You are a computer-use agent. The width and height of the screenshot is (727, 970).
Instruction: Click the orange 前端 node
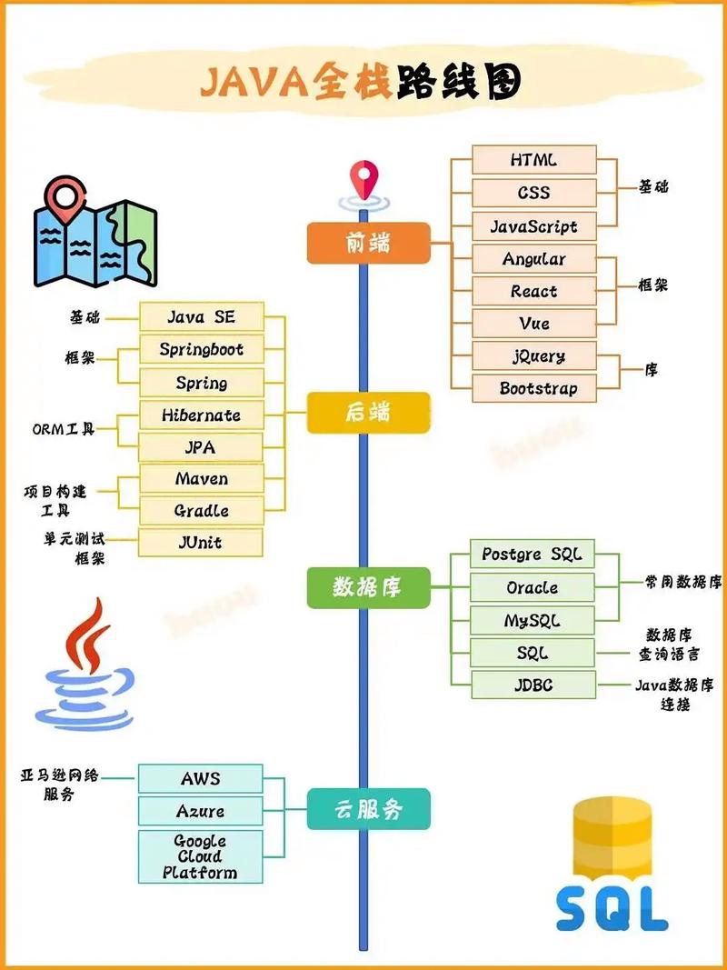coord(368,243)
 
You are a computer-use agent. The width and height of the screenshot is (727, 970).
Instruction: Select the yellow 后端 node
coord(368,414)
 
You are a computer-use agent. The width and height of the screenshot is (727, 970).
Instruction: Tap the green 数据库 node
coord(367,587)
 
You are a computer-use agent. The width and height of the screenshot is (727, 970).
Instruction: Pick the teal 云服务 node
coord(368,809)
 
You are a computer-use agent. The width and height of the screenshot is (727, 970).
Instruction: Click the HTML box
coord(533,160)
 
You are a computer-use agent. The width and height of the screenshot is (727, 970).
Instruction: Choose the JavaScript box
coord(533,226)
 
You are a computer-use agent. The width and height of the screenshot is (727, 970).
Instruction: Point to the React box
coord(533,292)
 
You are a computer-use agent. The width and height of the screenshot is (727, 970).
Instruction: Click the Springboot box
coord(201,350)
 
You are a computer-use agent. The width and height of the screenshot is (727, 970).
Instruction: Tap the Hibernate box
coord(201,415)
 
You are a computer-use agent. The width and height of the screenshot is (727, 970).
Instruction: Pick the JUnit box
coord(200,543)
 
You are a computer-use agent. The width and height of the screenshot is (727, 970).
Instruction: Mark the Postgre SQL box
coord(533,555)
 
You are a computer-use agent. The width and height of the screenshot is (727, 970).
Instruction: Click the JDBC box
coord(533,685)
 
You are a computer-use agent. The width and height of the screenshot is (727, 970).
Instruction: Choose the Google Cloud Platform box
coord(200,856)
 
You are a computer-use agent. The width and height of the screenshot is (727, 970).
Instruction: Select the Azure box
coord(200,811)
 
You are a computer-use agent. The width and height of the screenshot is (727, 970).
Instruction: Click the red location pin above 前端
coord(364,177)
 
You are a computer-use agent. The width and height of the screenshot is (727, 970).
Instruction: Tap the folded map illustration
coord(94,234)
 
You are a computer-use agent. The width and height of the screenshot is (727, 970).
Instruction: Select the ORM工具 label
coord(63,428)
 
